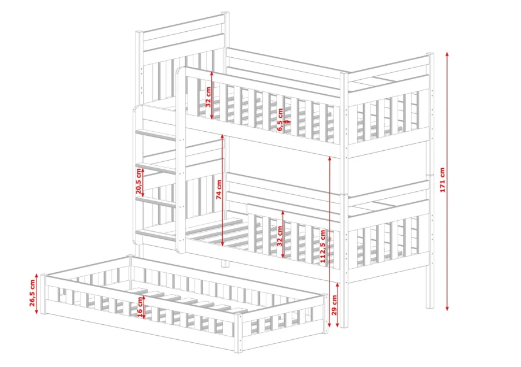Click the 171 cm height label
point(442,180)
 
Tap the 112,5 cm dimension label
point(323,246)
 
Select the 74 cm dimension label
point(219,190)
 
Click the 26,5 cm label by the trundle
point(32,292)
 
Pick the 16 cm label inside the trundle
point(140,306)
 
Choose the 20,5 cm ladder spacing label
point(138,181)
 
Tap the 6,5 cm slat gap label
point(280,120)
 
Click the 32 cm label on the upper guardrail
point(208,97)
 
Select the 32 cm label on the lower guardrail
point(280,236)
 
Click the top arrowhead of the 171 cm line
point(447,54)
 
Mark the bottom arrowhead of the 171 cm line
point(447,308)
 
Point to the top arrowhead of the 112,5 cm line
point(329,158)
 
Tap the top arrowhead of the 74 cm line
point(223,136)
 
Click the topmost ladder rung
point(156,135)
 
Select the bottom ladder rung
point(156,235)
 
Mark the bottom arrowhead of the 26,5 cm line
point(36,312)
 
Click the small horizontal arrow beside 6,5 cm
point(287,122)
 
